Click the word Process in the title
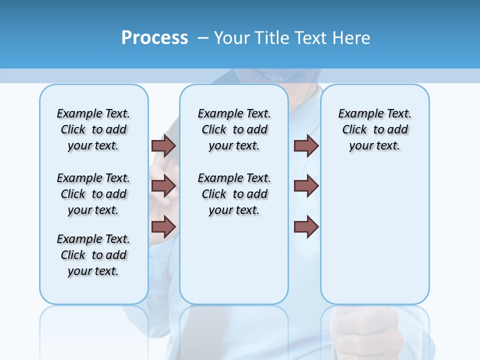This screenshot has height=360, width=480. point(154,38)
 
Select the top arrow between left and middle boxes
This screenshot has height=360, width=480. point(163,145)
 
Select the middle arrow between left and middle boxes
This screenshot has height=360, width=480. point(163,186)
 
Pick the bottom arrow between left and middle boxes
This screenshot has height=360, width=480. point(163,227)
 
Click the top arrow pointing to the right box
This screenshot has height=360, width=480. point(306,145)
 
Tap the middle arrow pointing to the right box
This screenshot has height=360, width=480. point(306,186)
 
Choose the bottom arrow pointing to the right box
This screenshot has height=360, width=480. point(306,227)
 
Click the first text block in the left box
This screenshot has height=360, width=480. point(93,129)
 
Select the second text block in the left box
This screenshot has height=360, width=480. point(93,194)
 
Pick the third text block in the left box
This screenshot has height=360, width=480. point(93,255)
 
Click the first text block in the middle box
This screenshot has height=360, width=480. point(234,129)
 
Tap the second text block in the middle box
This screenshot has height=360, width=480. point(234,194)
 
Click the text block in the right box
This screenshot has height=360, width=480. point(374,129)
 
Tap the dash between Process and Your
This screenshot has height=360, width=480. point(203,38)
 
